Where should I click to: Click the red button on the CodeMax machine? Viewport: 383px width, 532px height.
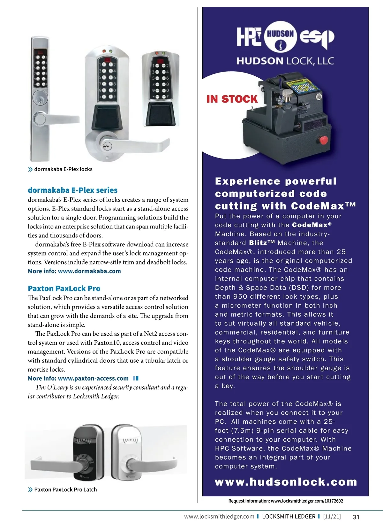(323, 140)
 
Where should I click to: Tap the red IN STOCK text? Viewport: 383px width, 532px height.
(232, 99)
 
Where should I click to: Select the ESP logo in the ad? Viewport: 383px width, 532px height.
(317, 38)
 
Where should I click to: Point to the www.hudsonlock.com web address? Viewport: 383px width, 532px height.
(286, 482)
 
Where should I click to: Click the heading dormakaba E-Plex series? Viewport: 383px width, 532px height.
(72, 190)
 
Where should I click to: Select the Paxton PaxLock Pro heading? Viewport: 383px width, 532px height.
(64, 289)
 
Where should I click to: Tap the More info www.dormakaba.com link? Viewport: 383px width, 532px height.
(74, 271)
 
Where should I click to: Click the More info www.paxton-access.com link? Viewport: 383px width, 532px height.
(78, 378)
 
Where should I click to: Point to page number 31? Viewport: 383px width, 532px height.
(356, 517)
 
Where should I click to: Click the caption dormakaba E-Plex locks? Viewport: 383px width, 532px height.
(63, 169)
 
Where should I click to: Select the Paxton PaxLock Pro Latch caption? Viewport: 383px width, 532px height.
(65, 490)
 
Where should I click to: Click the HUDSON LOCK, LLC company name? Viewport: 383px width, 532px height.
(285, 61)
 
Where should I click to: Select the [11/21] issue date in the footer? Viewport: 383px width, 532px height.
(332, 516)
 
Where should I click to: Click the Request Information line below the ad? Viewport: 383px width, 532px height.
(285, 501)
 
